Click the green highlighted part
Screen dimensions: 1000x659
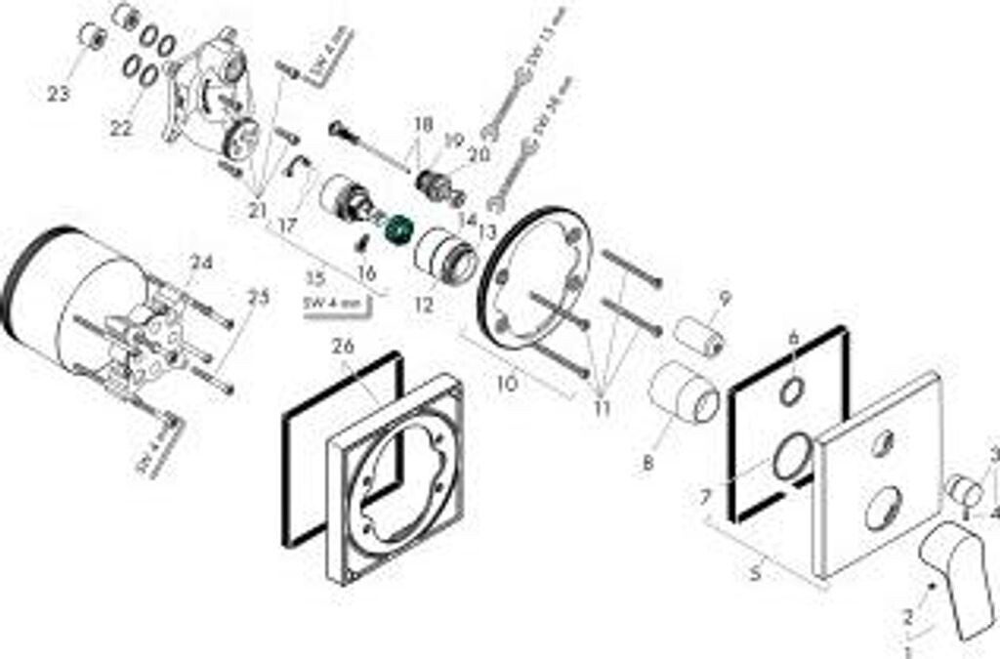click(x=398, y=230)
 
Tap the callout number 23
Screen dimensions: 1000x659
click(x=59, y=94)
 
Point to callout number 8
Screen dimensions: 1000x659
click(x=647, y=465)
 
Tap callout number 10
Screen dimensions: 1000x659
click(x=507, y=385)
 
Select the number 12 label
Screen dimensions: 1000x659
click(x=422, y=306)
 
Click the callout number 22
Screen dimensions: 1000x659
click(x=120, y=129)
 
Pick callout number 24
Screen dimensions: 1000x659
click(x=200, y=262)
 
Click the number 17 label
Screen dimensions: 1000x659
click(x=286, y=225)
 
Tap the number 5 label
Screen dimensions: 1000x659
click(x=754, y=574)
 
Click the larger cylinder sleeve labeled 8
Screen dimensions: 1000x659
click(x=684, y=392)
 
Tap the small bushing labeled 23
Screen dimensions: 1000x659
click(x=92, y=38)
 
